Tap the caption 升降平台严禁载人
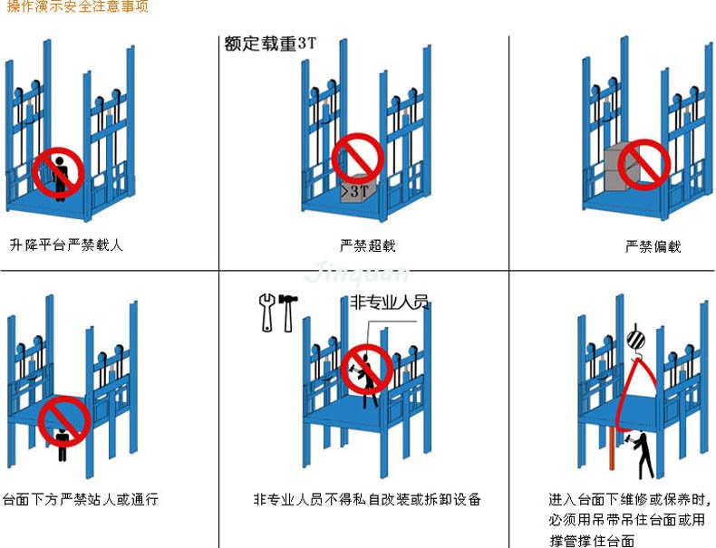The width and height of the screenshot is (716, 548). pyautogui.click(x=66, y=245)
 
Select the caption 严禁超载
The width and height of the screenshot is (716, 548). pyautogui.click(x=367, y=245)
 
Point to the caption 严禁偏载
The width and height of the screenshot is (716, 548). pyautogui.click(x=653, y=246)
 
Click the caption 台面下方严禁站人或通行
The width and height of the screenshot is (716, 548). pyautogui.click(x=81, y=499)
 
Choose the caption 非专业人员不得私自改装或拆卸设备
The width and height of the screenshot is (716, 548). pyautogui.click(x=367, y=499)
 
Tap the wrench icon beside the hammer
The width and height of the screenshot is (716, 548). pyautogui.click(x=267, y=312)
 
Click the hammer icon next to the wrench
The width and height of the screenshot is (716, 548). pyautogui.click(x=287, y=312)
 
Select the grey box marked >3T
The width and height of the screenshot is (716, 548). pyautogui.click(x=358, y=189)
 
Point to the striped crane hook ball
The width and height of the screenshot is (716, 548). pyautogui.click(x=634, y=340)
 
